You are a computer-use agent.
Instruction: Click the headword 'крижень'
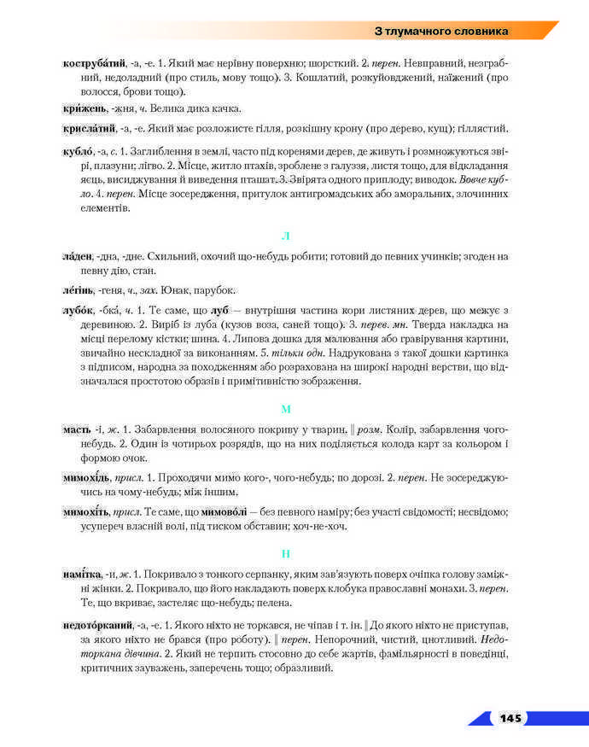click(x=85, y=108)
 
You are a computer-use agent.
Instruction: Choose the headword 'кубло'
click(x=82, y=151)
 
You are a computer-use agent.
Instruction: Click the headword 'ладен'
click(x=78, y=256)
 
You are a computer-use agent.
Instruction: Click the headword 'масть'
click(x=79, y=429)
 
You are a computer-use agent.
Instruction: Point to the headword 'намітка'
click(x=84, y=575)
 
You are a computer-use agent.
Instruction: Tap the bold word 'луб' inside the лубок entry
click(x=219, y=311)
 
